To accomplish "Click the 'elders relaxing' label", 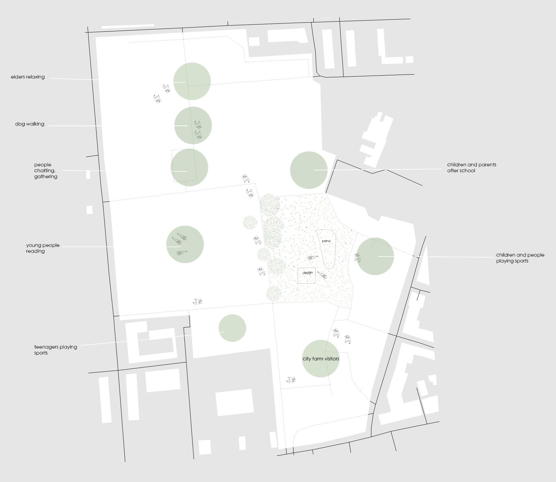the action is click(28, 77).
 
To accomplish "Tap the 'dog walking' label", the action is click(30, 124).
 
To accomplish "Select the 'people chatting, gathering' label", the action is click(45, 170).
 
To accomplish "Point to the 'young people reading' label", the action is click(43, 248).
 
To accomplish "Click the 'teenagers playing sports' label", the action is click(55, 350).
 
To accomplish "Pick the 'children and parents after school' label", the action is click(471, 167).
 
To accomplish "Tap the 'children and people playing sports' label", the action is click(520, 258).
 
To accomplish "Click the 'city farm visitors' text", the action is click(321, 359).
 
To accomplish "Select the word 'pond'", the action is click(326, 241).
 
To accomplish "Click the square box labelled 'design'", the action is click(306, 275).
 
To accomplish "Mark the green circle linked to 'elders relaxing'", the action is click(192, 81).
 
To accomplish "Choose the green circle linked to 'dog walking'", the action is click(193, 125).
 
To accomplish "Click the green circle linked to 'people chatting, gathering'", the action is click(189, 168).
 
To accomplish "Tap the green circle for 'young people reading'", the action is click(185, 244).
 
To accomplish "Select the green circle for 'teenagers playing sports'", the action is click(232, 328).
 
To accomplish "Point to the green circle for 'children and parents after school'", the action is click(309, 170).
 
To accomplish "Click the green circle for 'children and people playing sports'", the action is click(375, 256).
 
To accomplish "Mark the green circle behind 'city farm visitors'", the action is click(321, 369).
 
